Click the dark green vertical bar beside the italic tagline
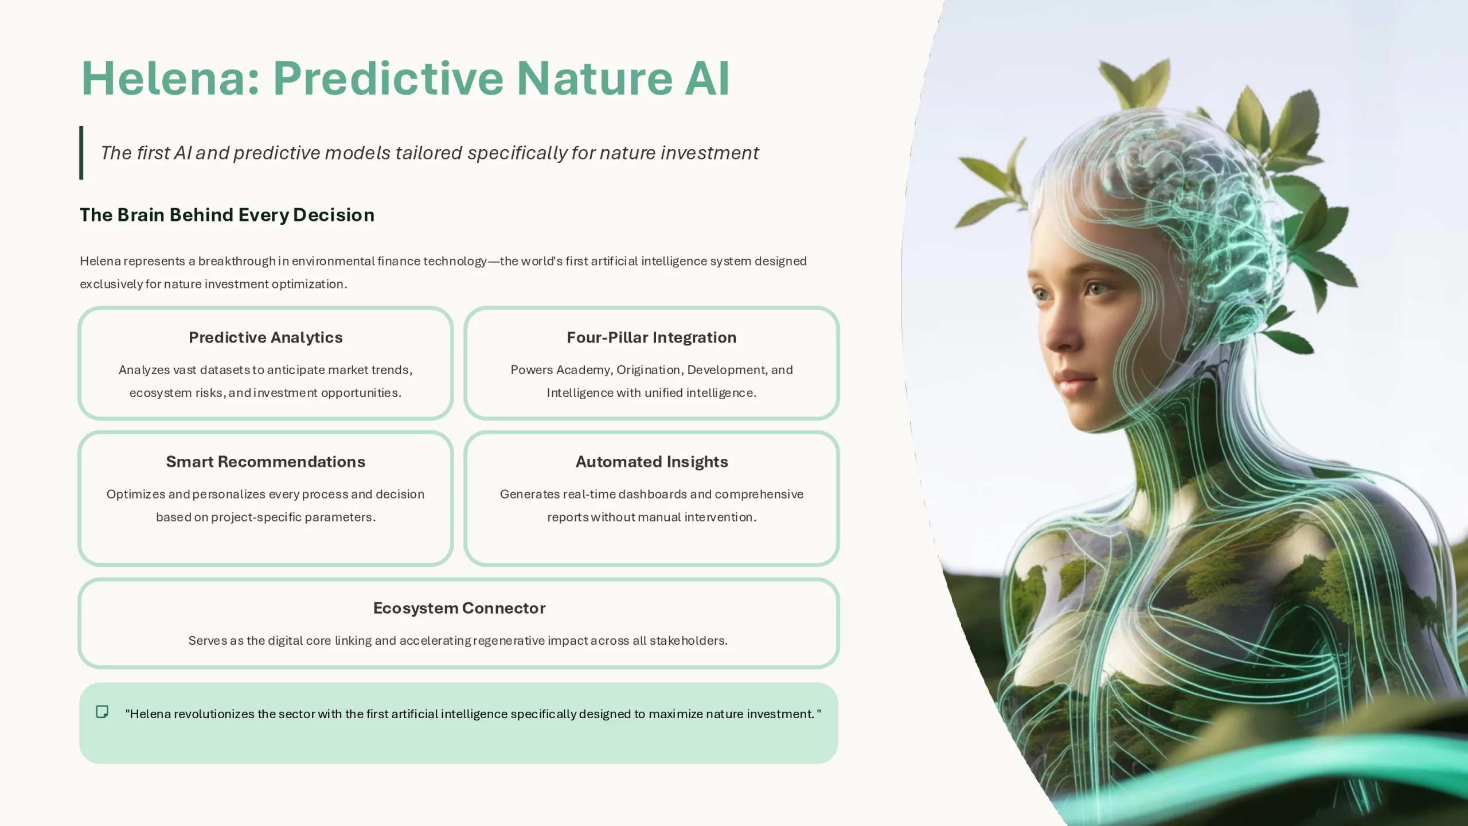[x=81, y=153]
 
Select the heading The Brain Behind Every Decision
[x=227, y=215]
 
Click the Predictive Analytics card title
[x=266, y=337]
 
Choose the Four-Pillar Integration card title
[x=651, y=337]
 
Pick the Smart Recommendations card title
[x=266, y=462]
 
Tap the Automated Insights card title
[x=652, y=462]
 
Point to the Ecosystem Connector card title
[x=459, y=608]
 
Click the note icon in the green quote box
[x=102, y=712]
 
